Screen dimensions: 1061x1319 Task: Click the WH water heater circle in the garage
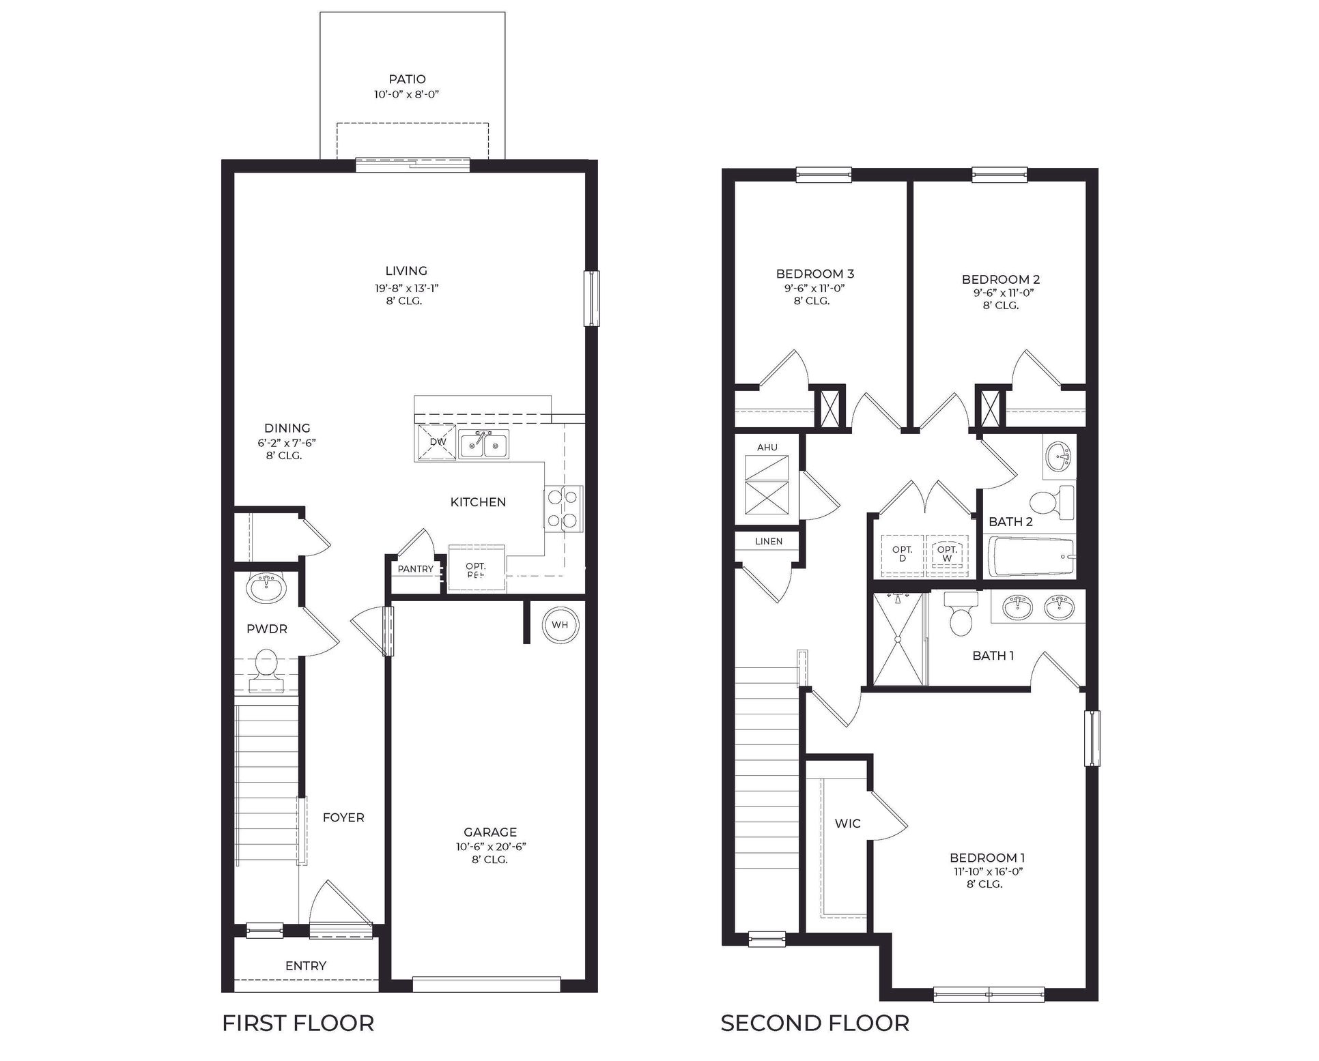[560, 624]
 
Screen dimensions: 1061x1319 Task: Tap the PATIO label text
[407, 80]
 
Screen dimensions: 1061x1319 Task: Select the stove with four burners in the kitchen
[563, 507]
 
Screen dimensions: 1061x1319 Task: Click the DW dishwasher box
[437, 441]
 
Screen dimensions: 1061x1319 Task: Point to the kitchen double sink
[483, 446]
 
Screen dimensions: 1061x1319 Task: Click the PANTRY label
[415, 569]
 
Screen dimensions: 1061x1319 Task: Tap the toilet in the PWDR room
[266, 669]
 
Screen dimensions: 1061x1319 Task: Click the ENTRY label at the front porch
[305, 965]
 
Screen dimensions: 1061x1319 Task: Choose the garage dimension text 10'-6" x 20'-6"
[490, 847]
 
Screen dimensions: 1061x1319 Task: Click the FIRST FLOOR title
[298, 1023]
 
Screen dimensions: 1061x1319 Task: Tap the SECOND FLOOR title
[814, 1023]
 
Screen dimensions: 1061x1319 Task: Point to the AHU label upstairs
[767, 448]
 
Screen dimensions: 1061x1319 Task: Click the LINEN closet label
[768, 541]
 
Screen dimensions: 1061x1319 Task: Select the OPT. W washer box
[947, 553]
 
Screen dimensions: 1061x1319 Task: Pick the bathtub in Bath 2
[1031, 557]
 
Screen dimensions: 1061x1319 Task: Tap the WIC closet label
[847, 824]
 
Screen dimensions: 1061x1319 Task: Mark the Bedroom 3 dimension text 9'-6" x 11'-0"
[814, 288]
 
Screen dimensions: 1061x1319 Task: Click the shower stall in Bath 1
[898, 639]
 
